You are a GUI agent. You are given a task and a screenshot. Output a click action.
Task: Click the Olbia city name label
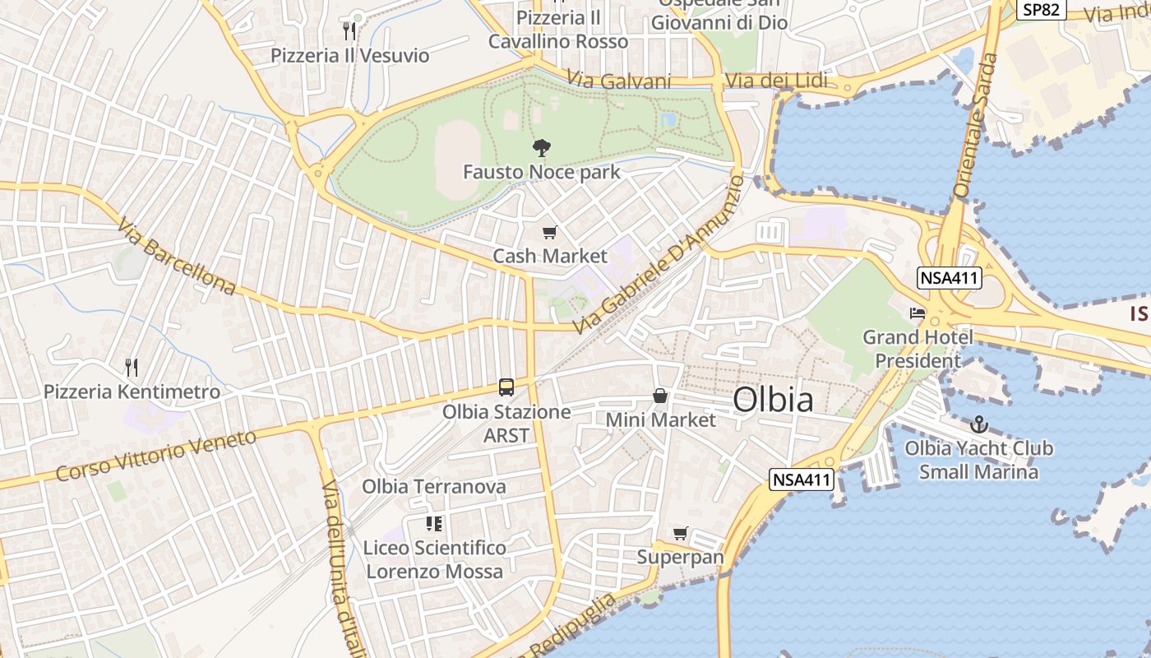click(773, 400)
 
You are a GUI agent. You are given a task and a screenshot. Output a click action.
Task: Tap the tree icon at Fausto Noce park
click(541, 149)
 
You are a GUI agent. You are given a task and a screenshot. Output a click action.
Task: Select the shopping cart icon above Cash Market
click(549, 233)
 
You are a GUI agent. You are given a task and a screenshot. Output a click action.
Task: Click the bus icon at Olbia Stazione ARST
click(506, 387)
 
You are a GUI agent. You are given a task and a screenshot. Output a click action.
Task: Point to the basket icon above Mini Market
click(660, 396)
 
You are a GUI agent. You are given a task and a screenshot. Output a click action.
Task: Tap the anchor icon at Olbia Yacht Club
click(978, 425)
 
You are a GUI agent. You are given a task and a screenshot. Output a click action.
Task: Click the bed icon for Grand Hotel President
click(918, 313)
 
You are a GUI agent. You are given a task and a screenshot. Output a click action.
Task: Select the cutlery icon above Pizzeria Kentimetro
click(132, 367)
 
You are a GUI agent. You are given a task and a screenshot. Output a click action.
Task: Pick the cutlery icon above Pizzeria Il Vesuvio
click(349, 31)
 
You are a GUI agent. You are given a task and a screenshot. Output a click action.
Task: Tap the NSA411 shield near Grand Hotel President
click(950, 278)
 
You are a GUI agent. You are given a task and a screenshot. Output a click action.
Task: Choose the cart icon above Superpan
click(680, 534)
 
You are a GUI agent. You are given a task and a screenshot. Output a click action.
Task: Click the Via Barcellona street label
click(176, 256)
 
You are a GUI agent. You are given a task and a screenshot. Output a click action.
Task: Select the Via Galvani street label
click(619, 81)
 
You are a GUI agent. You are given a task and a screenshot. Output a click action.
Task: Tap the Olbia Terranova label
click(434, 487)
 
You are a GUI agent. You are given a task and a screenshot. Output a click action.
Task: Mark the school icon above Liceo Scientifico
click(434, 524)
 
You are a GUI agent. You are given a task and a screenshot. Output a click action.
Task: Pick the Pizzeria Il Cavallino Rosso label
click(558, 30)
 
